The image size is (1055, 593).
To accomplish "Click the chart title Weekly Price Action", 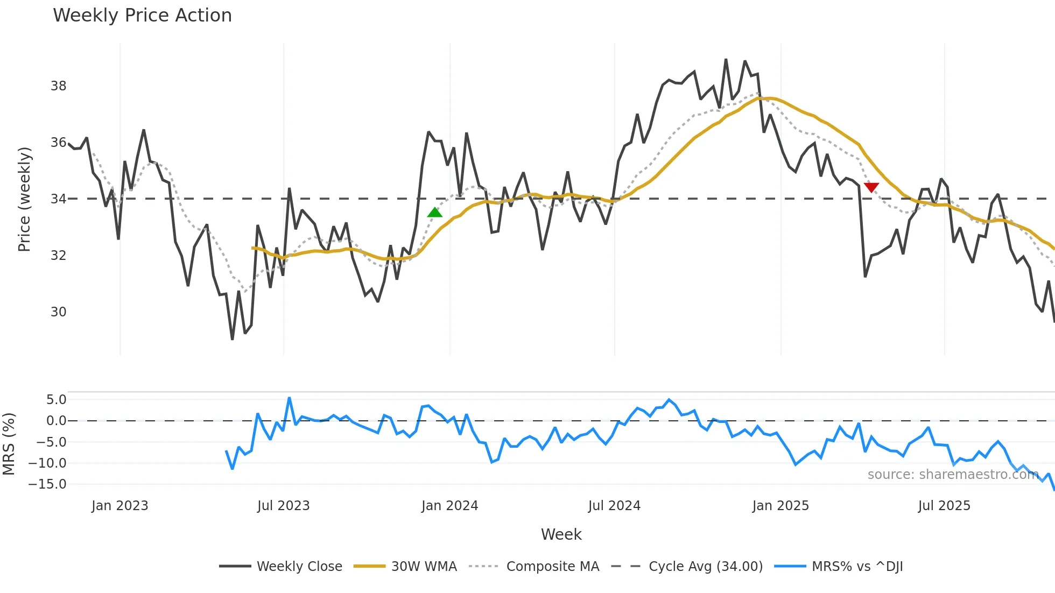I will (x=142, y=16).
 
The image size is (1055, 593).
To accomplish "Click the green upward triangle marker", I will (x=435, y=213).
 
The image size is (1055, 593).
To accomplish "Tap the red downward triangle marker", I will (x=871, y=187).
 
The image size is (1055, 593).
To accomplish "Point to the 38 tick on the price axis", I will (x=58, y=86).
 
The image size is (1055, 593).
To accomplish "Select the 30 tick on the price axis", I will (x=58, y=312).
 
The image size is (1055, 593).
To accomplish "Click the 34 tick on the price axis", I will (x=58, y=199).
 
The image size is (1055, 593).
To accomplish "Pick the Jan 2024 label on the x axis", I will (x=449, y=506).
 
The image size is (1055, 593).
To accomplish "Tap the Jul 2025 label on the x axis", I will (x=944, y=506).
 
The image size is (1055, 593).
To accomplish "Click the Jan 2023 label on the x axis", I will (x=119, y=506).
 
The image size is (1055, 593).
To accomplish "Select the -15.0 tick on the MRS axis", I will (x=47, y=484).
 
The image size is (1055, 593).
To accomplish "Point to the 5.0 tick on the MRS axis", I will (x=56, y=400).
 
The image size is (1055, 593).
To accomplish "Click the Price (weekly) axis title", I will (x=24, y=199).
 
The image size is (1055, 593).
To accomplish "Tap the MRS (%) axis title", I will (x=9, y=444).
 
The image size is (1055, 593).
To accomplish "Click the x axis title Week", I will (x=561, y=534).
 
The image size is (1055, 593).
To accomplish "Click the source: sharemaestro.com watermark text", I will (x=953, y=475).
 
